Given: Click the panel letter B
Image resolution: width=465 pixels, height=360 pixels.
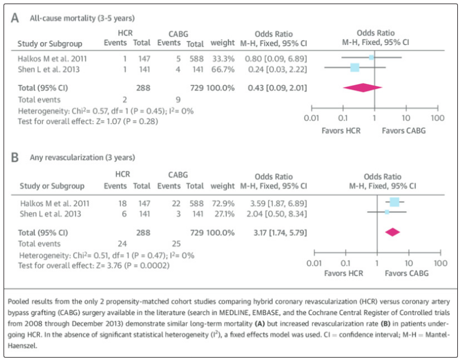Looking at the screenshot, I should pos(15,158).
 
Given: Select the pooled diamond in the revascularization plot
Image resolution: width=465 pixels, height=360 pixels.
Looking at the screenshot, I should pos(392,232).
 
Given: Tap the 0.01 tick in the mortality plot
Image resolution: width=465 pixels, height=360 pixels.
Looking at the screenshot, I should pos(311,118).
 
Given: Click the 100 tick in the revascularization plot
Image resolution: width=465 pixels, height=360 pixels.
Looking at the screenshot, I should pos(440,262).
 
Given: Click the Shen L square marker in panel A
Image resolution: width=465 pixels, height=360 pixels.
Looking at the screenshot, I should pos(355,68).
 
